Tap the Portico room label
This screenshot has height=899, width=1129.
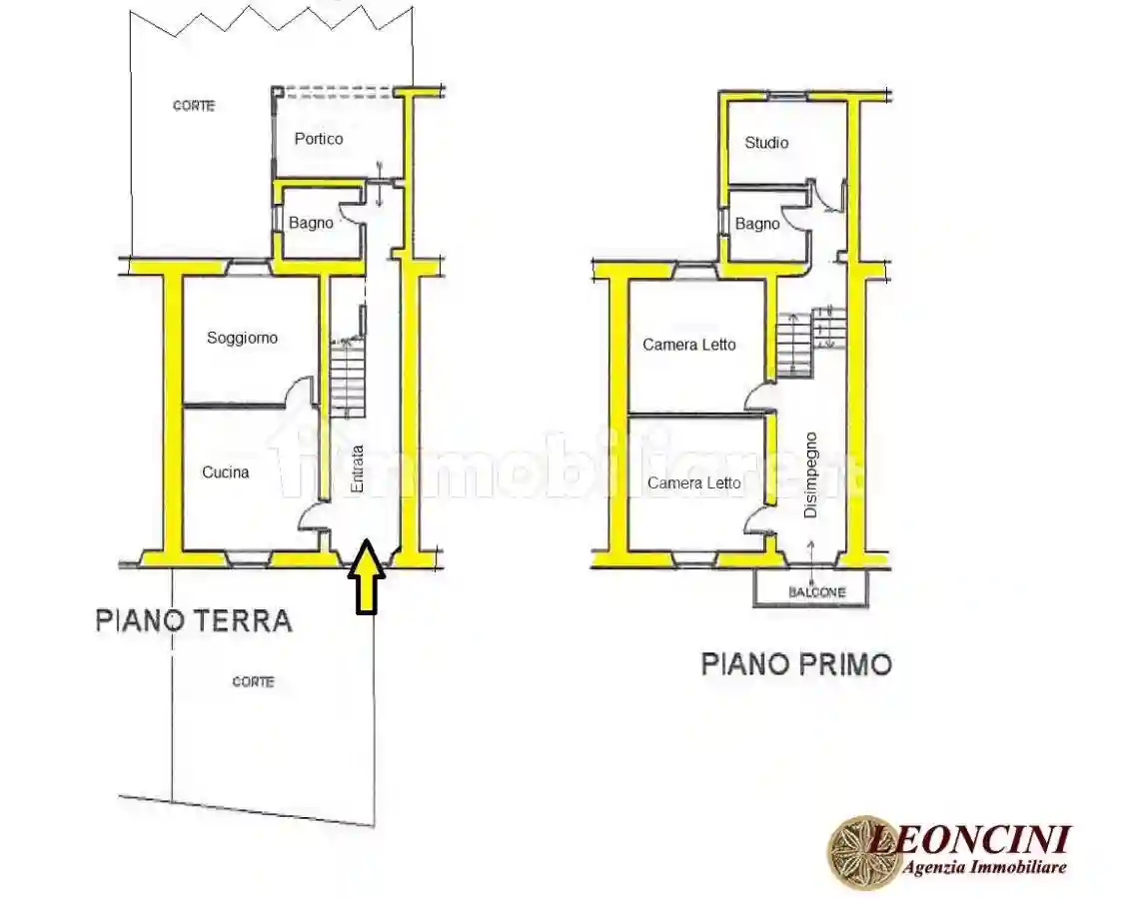pos(319,139)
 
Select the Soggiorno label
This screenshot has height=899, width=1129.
pos(242,338)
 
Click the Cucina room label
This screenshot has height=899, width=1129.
pos(226,472)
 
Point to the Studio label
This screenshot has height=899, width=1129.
pos(766,143)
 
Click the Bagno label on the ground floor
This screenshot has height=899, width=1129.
pos(311,223)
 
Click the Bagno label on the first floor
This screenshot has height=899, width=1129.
pos(757,224)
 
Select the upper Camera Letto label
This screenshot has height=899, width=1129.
pos(688,345)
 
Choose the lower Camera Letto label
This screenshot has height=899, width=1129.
pos(693,483)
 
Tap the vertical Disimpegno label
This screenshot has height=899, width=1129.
pos(811,474)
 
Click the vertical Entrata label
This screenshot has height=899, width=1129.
pos(357,467)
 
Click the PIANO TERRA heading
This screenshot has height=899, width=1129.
pos(194,620)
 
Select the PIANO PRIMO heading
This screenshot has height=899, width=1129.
pos(795,664)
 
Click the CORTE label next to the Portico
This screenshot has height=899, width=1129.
pos(194,106)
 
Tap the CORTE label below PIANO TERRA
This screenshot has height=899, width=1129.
pos(253,682)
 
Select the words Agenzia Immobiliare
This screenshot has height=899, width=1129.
pos(985,868)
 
